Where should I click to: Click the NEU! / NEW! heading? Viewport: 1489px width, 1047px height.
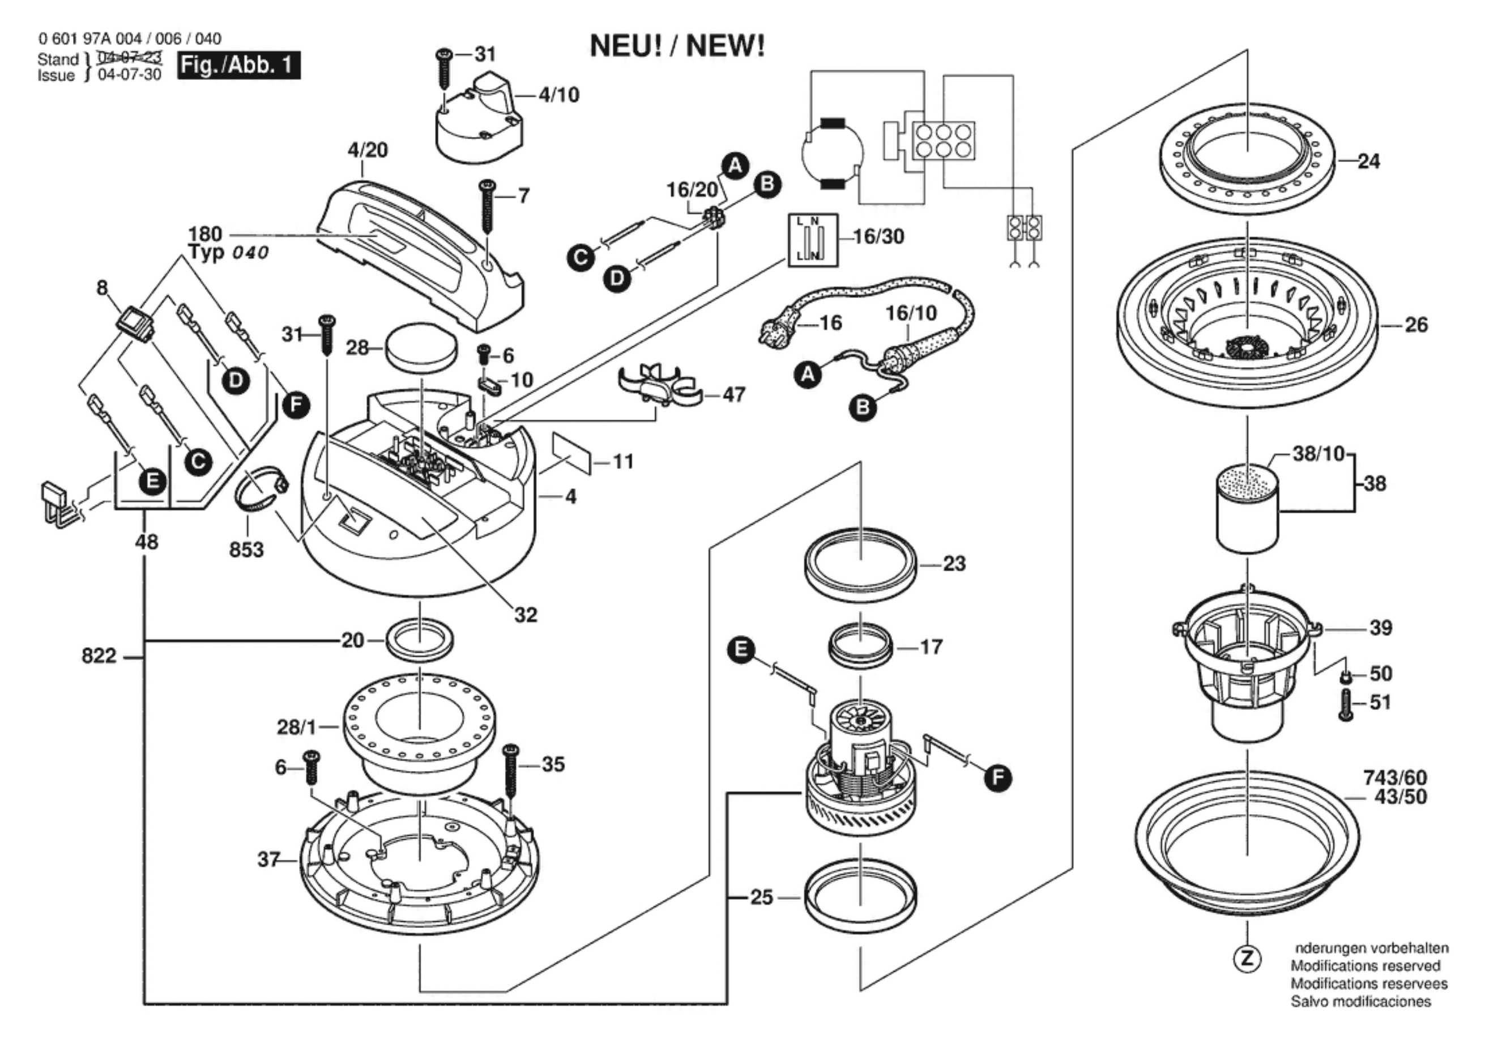[677, 46]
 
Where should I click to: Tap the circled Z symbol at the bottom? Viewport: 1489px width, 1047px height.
[1247, 959]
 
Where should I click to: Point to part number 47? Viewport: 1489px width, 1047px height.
[733, 394]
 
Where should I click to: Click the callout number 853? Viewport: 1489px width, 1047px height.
[246, 550]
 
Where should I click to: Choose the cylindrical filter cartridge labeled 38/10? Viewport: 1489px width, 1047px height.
[1247, 508]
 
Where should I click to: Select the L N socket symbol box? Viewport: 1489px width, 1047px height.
[813, 241]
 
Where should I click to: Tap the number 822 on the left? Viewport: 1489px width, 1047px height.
[99, 657]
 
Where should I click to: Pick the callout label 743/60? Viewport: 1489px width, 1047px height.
[1395, 777]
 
